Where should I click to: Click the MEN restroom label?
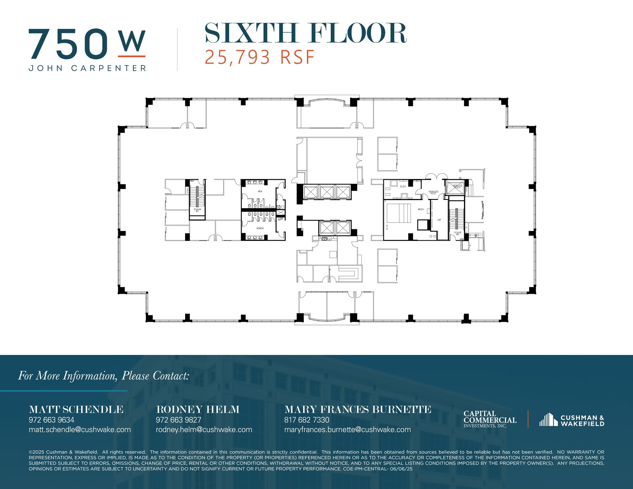[x=260, y=192]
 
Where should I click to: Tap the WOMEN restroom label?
[x=260, y=228]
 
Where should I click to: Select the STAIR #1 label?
[x=197, y=210]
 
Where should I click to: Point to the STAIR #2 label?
[x=457, y=233]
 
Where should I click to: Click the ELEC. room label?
[x=403, y=187]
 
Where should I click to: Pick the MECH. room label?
[x=421, y=209]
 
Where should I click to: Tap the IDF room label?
[x=439, y=220]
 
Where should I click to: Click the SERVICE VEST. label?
[x=433, y=192]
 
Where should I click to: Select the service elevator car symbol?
[x=455, y=188]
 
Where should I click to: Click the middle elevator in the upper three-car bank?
[x=327, y=192]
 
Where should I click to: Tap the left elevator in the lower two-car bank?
[x=327, y=228]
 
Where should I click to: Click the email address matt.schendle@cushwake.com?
[x=80, y=429]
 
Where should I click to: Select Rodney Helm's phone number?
[x=178, y=420]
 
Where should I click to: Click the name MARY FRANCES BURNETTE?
[x=358, y=409]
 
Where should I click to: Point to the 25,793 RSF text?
[x=260, y=57]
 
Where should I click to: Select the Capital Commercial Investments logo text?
[x=490, y=419]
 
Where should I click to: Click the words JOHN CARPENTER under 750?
[x=87, y=68]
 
